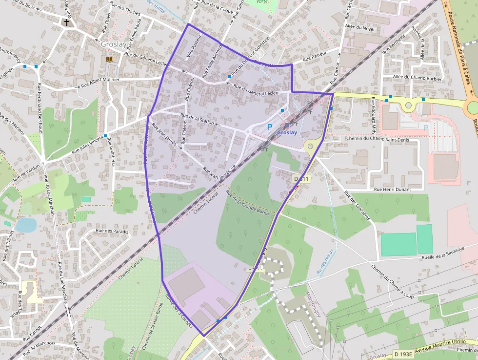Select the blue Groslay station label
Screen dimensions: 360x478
pos(287,132)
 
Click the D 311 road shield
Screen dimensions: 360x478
pos(301,179)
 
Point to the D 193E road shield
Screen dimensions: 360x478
pos(403,354)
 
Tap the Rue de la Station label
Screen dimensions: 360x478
pos(197,119)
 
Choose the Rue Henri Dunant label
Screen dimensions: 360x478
pos(392,189)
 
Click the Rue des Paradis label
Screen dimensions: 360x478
pos(112,231)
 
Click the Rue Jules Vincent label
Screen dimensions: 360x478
pos(87,145)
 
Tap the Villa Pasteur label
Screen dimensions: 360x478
pos(193,50)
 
